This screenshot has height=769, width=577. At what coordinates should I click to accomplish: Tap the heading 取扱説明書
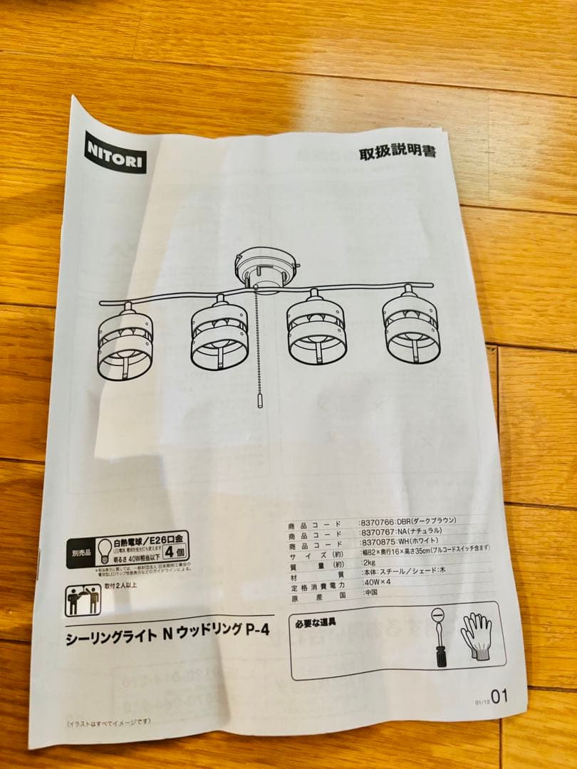pyautogui.click(x=397, y=152)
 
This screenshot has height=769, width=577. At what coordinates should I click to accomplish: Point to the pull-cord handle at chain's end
pyautogui.click(x=259, y=399)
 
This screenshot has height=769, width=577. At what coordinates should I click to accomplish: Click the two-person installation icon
pyautogui.click(x=83, y=600)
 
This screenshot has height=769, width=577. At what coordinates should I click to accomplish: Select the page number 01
pyautogui.click(x=499, y=696)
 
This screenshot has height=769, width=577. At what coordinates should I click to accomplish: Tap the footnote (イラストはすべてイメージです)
pyautogui.click(x=109, y=722)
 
